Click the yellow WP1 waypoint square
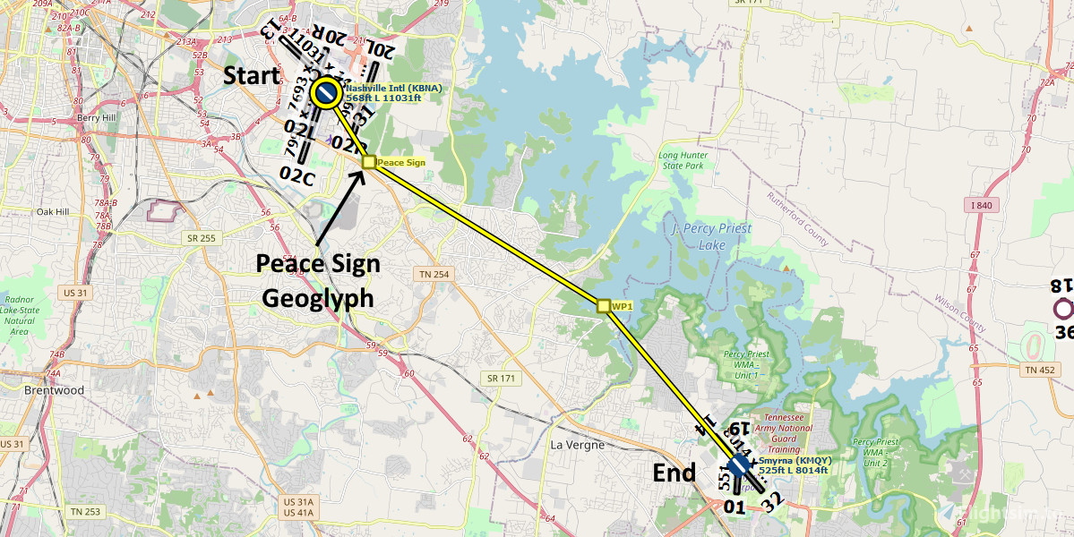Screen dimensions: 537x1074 click(604, 306)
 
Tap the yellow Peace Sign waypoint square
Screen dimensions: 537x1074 click(368, 162)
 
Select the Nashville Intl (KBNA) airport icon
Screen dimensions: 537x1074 click(325, 92)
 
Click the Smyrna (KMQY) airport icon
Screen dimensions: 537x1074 click(738, 465)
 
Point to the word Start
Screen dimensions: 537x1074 click(252, 76)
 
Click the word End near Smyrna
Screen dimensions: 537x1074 click(674, 473)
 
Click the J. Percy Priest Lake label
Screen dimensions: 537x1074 click(711, 235)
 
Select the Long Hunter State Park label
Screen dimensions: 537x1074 click(682, 160)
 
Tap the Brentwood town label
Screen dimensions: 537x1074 click(55, 390)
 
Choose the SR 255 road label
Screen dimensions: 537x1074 click(202, 238)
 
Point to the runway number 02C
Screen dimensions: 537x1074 click(296, 175)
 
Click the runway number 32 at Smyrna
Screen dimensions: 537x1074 click(772, 503)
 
